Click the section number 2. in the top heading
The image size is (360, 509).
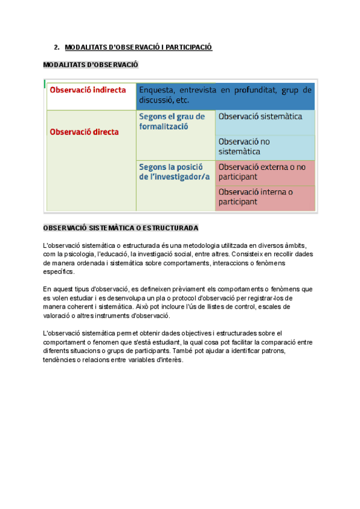pos(56,47)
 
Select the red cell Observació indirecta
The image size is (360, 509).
pos(88,90)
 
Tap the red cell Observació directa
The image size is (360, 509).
pos(84,131)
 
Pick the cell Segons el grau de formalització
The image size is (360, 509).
pos(172,121)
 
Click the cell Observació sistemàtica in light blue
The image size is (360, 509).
pos(260,116)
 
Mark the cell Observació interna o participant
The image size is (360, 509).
pos(256,197)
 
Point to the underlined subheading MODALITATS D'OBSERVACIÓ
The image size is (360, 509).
pos(91,64)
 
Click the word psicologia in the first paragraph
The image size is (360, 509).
pos(80,254)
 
